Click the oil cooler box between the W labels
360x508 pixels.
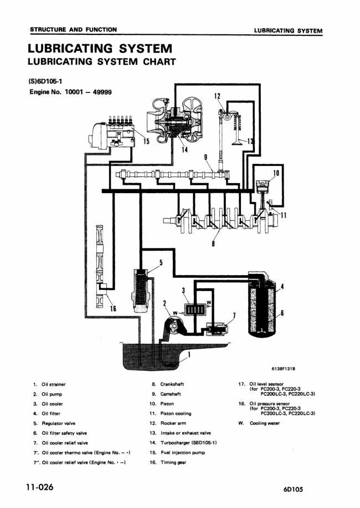coord(193,310)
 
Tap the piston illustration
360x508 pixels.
coord(263,189)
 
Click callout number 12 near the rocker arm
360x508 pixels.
coord(217,96)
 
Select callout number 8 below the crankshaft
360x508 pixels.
coord(213,243)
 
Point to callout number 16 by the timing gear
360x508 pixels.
coord(113,308)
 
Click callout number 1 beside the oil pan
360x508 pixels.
coord(189,355)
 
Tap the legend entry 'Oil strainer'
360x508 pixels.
coord(54,384)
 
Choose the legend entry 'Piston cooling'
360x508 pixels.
coord(176,413)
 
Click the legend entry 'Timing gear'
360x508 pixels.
coord(173,462)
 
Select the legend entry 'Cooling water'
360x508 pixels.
coord(265,423)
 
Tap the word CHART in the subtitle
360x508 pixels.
coord(160,61)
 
